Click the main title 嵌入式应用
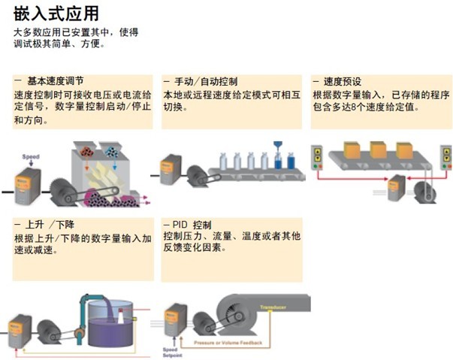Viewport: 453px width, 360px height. [x=55, y=13]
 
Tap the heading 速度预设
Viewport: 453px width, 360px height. [x=347, y=80]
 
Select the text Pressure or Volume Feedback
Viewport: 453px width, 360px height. [x=230, y=342]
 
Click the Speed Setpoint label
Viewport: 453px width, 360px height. [x=171, y=353]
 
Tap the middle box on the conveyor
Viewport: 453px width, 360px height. [x=377, y=149]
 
